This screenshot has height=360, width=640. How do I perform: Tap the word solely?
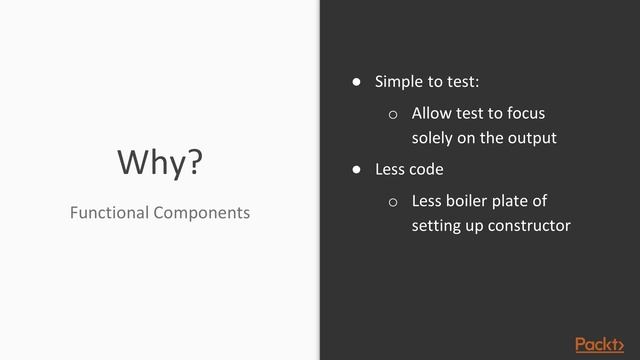coord(432,138)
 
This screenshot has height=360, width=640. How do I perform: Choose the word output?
coord(532,138)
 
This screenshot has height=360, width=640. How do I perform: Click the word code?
coord(426,169)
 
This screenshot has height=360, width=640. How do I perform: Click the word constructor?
coord(530,226)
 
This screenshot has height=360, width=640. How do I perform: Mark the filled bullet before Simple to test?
coord(354,81)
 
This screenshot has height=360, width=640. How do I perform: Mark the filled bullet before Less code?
coord(354,169)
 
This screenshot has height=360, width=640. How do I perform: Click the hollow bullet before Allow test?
coord(393,114)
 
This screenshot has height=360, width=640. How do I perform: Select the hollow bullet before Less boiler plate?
coord(393,202)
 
